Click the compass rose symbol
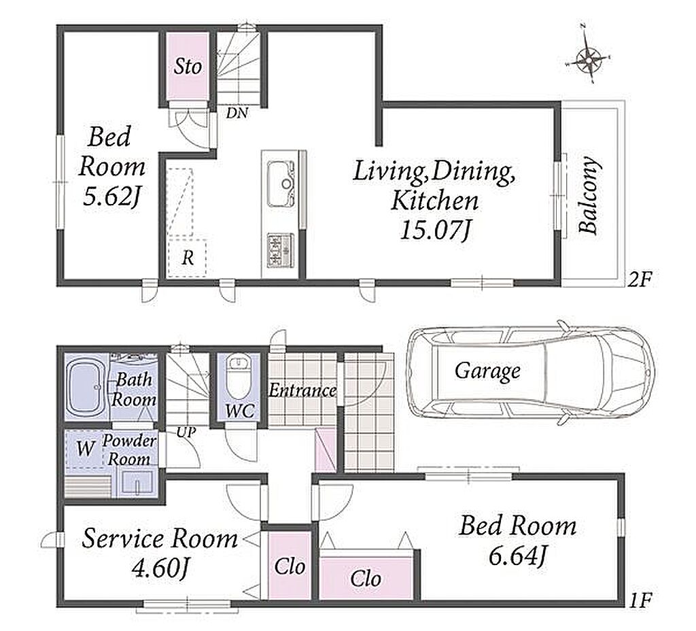click(x=588, y=58)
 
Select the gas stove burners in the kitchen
click(x=280, y=250)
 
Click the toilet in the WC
click(x=239, y=378)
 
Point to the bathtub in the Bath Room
click(x=86, y=386)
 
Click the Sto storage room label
click(x=188, y=67)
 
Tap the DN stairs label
click(x=237, y=114)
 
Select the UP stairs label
click(x=186, y=432)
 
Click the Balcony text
click(x=589, y=194)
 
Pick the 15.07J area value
click(x=434, y=231)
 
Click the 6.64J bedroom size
click(x=517, y=556)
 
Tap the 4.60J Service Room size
click(x=161, y=568)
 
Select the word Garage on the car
click(x=487, y=371)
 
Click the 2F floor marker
click(x=640, y=279)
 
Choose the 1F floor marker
click(x=640, y=601)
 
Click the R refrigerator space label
click(x=188, y=258)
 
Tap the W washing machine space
click(x=85, y=449)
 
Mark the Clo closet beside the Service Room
click(x=290, y=567)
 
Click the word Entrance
click(x=302, y=391)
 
